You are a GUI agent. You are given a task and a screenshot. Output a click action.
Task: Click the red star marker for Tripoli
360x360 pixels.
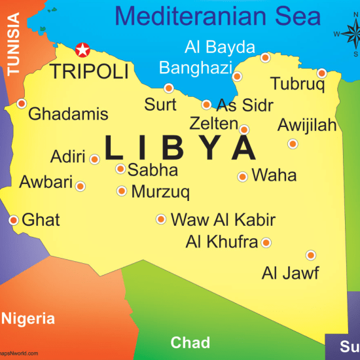click(x=82, y=49)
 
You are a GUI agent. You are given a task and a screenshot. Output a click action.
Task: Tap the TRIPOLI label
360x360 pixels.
click(x=90, y=71)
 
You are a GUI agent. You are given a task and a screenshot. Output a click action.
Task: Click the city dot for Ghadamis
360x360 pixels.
click(x=22, y=103)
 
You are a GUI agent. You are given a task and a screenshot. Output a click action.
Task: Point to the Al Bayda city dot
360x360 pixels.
click(x=265, y=58)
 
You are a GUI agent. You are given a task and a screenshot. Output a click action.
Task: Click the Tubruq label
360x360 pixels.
click(x=297, y=84)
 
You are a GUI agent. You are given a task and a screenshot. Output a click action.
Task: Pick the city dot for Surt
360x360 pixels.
click(x=169, y=88)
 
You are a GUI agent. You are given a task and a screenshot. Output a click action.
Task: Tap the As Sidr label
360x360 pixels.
click(x=245, y=105)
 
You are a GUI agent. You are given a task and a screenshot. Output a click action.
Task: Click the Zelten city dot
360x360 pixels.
click(x=244, y=130)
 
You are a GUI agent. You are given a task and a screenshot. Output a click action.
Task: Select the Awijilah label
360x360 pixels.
click(x=307, y=125)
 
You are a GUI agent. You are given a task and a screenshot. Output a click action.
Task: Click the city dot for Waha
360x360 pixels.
click(x=242, y=176)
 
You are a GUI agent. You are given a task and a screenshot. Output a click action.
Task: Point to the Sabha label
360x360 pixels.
click(x=153, y=170)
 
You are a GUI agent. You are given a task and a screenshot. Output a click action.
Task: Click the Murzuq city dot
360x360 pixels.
click(x=122, y=191)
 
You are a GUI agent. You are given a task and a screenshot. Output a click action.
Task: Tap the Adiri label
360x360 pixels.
click(x=67, y=157)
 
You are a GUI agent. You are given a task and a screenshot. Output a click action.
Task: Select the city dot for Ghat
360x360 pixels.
click(x=13, y=220)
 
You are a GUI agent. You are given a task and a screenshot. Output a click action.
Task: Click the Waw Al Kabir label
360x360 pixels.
click(x=223, y=220)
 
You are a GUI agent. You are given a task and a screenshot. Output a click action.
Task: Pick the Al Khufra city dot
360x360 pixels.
click(x=266, y=243)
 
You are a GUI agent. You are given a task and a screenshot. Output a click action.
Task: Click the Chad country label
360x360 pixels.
click(x=190, y=342)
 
